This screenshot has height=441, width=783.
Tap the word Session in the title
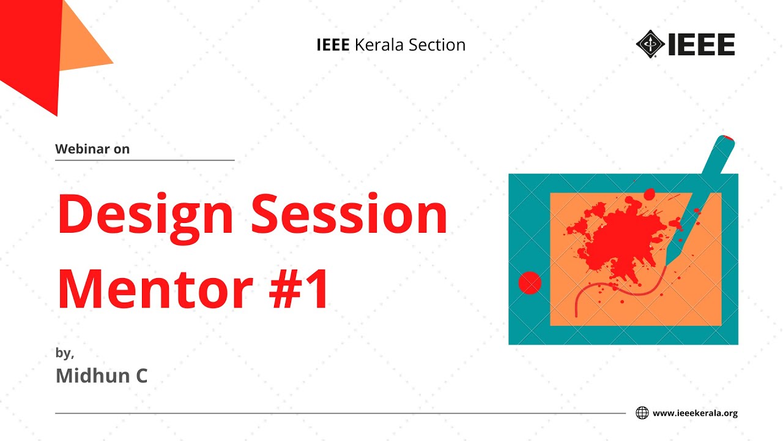tap(349, 214)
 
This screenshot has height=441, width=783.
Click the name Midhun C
tap(102, 375)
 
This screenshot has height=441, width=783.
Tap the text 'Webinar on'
tap(92, 149)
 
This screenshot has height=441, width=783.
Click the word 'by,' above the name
tap(64, 353)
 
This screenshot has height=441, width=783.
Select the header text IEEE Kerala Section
tap(391, 45)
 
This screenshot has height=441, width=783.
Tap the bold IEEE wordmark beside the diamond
tap(700, 44)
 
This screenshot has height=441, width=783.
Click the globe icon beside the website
tap(642, 413)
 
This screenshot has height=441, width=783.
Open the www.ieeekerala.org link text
tap(695, 413)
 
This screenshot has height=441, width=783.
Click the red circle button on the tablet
tap(530, 283)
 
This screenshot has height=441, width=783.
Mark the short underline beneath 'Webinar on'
tap(144, 160)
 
